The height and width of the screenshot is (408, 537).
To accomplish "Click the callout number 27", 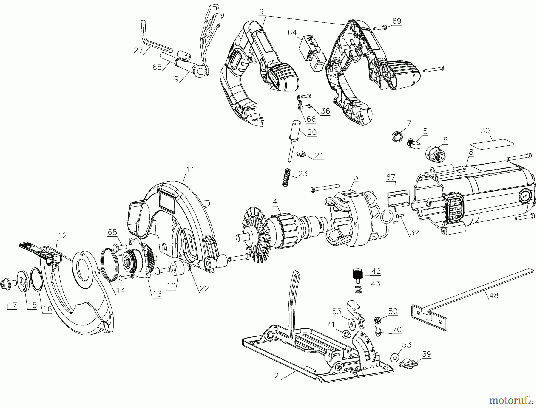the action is tap(138, 50).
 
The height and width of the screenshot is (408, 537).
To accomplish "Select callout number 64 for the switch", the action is tap(292, 32).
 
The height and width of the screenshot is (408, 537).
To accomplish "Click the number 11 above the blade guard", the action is tap(190, 170).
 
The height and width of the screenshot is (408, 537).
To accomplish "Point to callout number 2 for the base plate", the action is tap(276, 376).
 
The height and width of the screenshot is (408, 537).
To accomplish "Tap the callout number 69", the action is tap(396, 21).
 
